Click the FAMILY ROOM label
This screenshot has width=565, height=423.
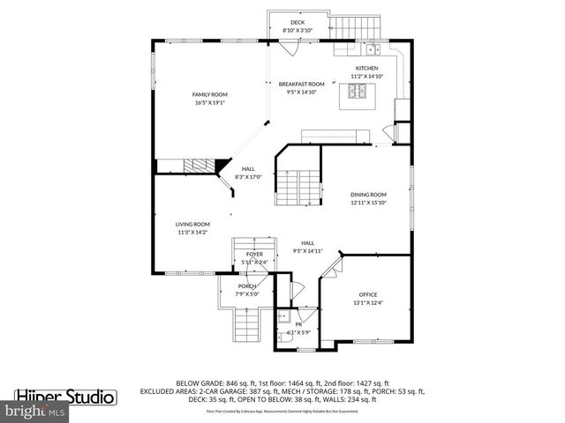click(x=210, y=94)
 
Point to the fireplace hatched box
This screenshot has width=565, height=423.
click(x=199, y=167)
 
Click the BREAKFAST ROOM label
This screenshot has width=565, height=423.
click(x=298, y=84)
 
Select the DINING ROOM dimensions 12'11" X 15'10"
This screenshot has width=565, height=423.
click(x=367, y=203)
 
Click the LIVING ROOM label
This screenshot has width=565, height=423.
click(x=192, y=224)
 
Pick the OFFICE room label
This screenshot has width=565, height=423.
click(x=367, y=293)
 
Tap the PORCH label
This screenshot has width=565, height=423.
click(x=247, y=286)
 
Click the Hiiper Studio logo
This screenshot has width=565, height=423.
click(x=65, y=397)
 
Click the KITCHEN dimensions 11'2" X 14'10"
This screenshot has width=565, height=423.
click(x=366, y=77)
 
